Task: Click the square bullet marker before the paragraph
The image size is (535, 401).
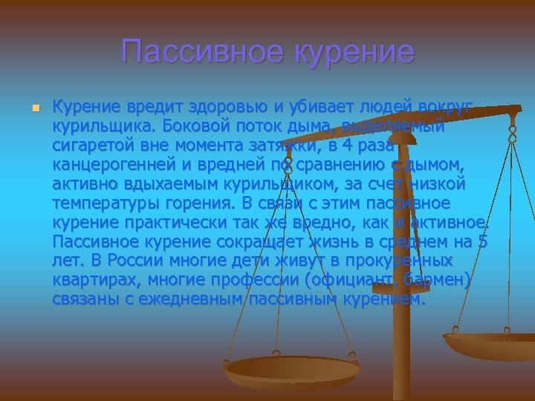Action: coord(33,108)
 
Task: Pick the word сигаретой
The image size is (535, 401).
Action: coord(92,145)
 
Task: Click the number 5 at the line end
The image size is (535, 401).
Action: coord(483,241)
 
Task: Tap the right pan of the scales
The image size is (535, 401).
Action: coord(490,344)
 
